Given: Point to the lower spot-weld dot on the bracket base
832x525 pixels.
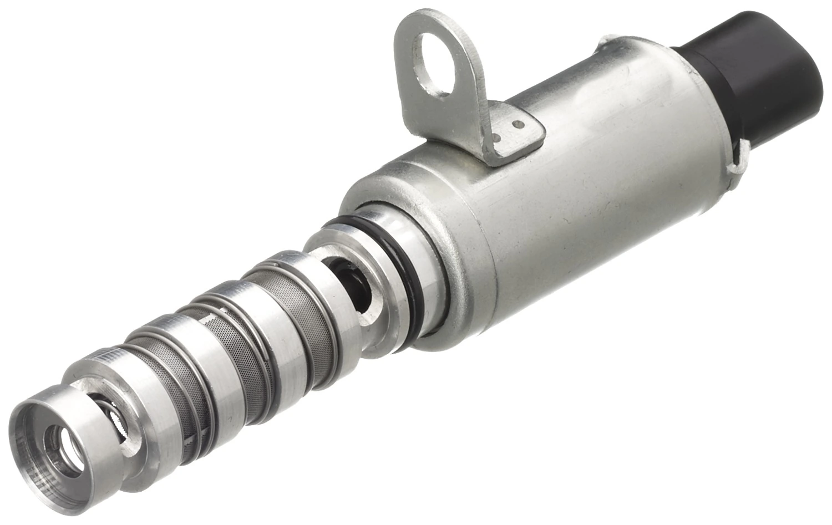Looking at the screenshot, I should [498, 135].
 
